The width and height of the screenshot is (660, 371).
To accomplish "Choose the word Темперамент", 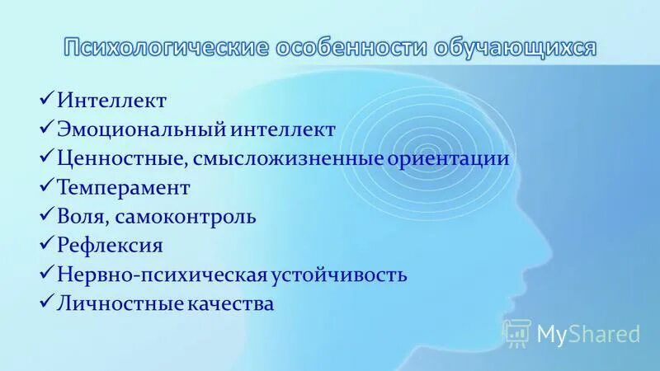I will (124, 188).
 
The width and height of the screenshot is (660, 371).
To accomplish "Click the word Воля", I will (82, 217).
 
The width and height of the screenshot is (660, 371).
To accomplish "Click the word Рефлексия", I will (110, 246).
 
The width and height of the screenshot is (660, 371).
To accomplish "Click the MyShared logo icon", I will (516, 333).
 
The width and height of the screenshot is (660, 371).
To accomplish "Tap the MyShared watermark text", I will (588, 334).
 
